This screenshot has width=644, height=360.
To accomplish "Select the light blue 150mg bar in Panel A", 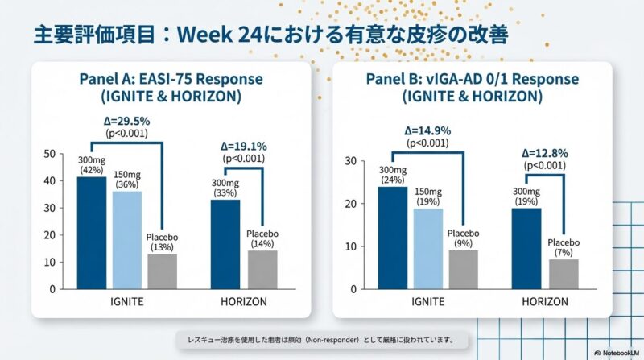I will click(x=126, y=239).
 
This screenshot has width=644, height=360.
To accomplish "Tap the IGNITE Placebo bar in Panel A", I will click(x=162, y=271).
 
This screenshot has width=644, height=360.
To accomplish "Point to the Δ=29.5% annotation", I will click(x=127, y=121).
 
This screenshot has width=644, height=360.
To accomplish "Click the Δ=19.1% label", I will click(x=243, y=147).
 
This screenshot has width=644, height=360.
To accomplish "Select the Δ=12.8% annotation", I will click(x=545, y=151).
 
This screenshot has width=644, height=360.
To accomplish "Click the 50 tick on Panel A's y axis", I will click(x=50, y=154).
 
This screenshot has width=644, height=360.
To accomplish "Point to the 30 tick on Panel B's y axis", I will click(x=350, y=161).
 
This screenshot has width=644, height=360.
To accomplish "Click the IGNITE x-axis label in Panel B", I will click(x=427, y=304).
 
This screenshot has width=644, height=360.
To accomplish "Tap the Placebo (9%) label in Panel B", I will click(x=463, y=238).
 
